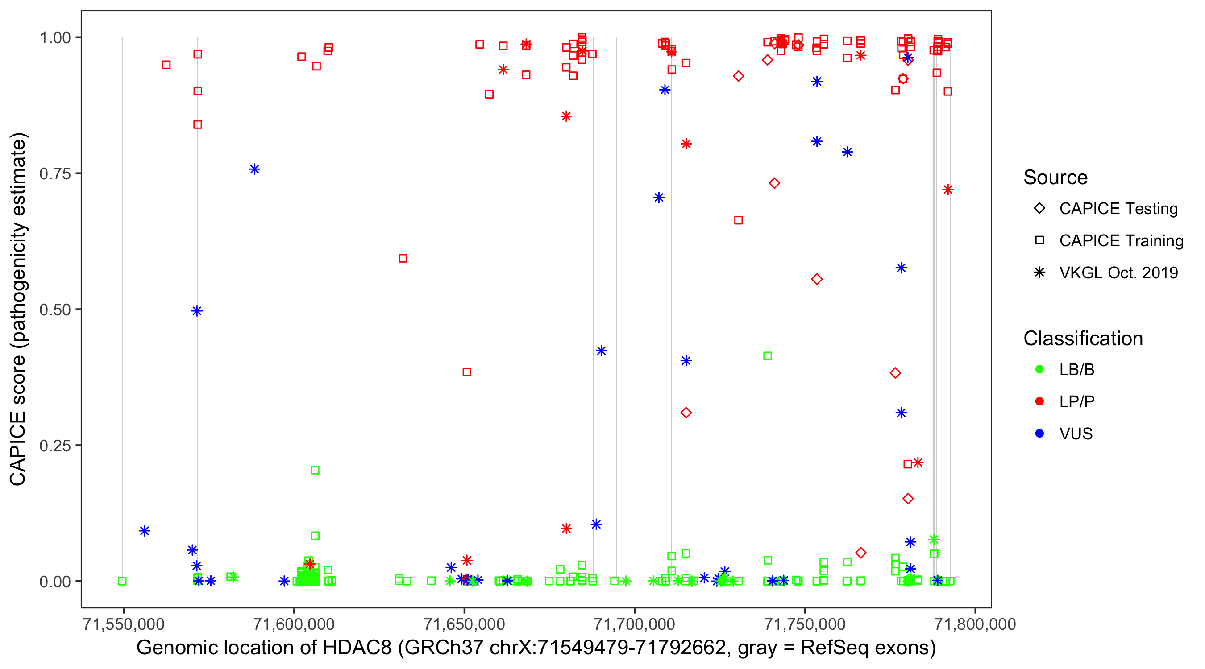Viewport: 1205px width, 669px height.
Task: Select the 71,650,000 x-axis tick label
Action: [464, 624]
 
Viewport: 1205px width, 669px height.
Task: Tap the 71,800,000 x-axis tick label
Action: [975, 624]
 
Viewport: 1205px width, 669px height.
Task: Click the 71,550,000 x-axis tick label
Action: [124, 624]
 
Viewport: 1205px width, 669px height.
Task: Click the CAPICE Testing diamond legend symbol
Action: [1039, 208]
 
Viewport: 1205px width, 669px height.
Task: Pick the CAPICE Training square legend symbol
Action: [1039, 240]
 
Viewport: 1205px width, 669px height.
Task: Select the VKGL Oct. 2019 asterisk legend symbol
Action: [1039, 273]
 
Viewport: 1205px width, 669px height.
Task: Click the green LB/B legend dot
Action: [1039, 369]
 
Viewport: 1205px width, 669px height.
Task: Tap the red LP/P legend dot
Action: [1039, 401]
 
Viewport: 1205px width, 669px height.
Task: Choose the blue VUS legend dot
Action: [1039, 434]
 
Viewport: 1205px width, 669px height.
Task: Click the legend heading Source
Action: [1055, 178]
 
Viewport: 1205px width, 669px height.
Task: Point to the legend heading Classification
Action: [1083, 339]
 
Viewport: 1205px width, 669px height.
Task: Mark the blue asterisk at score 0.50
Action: [197, 311]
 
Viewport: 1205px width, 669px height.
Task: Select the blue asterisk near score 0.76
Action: [254, 169]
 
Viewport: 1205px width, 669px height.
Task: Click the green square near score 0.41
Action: [767, 356]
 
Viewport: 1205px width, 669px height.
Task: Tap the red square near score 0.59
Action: [403, 259]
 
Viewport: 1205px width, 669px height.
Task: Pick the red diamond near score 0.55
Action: [817, 279]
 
